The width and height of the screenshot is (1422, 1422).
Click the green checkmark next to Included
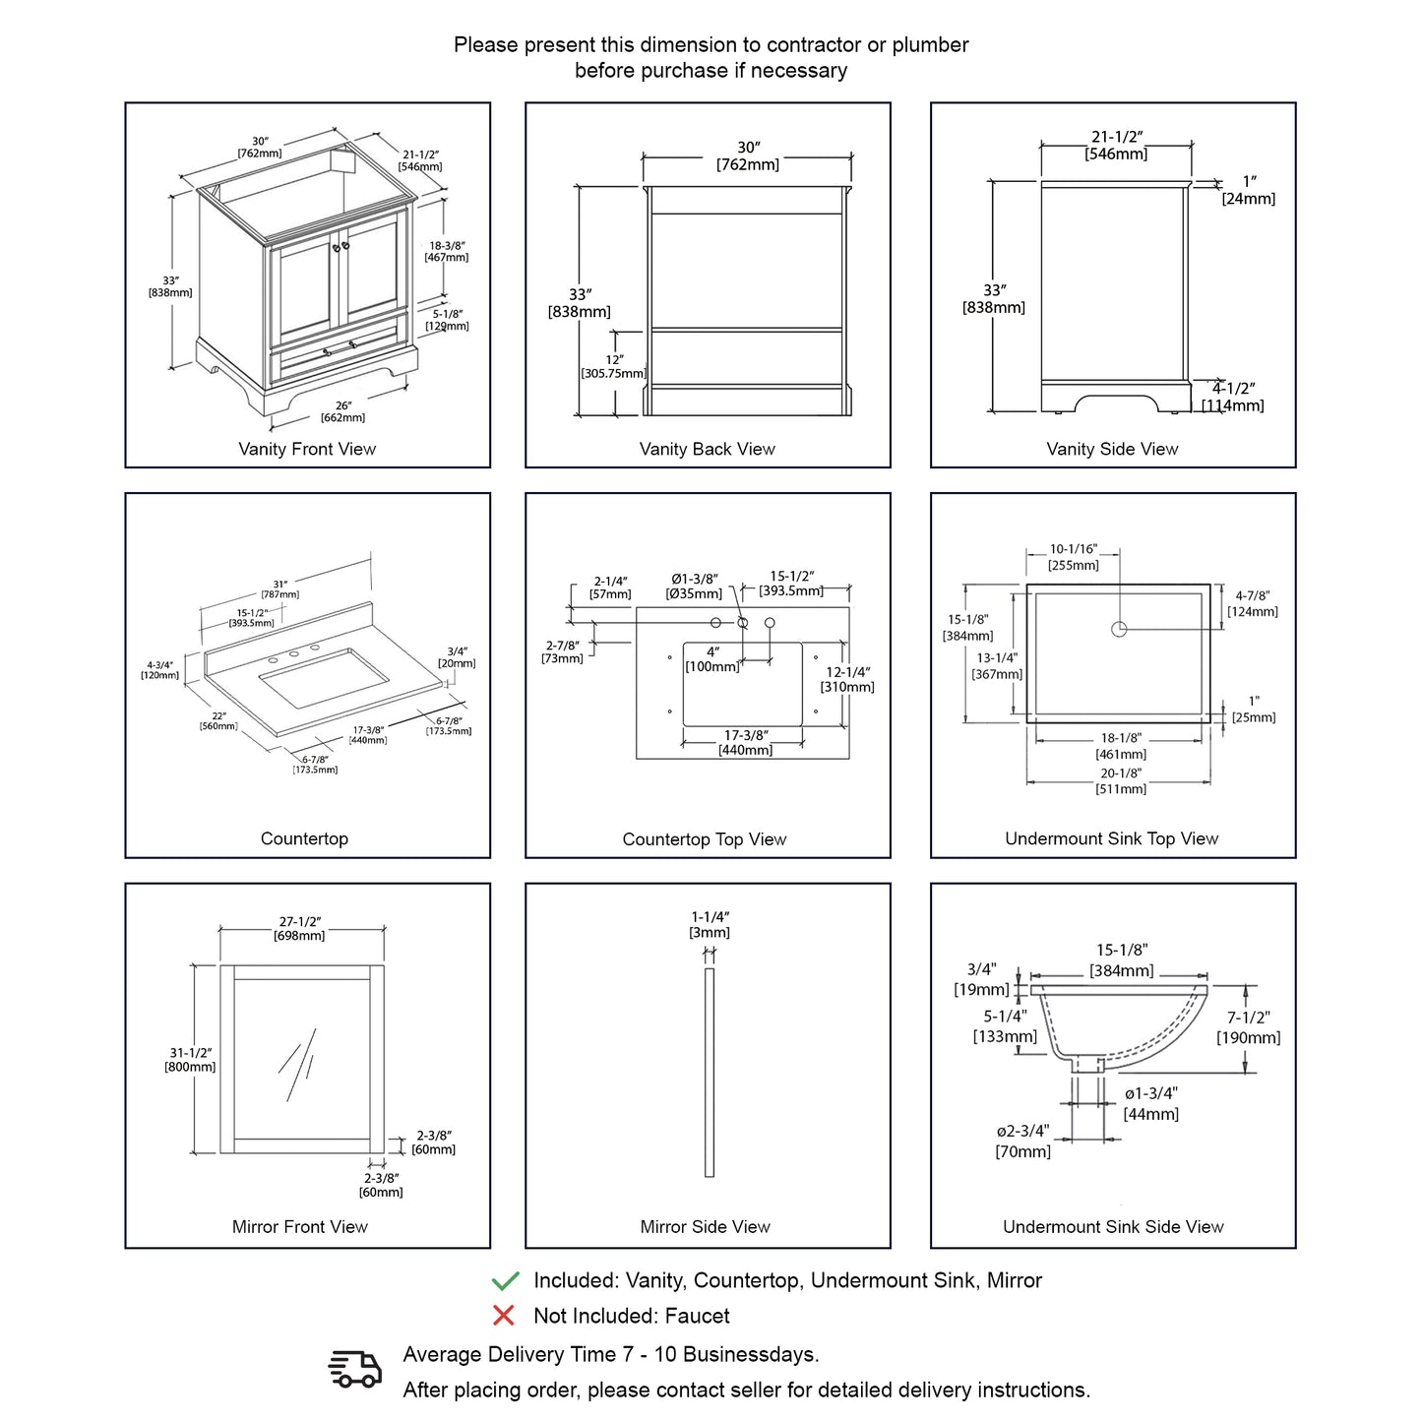[x=505, y=1280]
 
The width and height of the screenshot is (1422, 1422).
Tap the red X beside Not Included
[x=504, y=1316]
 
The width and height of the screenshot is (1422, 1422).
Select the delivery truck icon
[x=354, y=1369]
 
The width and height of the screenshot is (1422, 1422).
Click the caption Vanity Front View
[x=307, y=449]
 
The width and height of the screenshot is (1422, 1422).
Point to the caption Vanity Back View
[x=707, y=449]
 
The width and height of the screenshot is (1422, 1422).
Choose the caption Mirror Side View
[x=705, y=1227]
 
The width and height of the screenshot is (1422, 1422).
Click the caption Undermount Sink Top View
[x=1111, y=838]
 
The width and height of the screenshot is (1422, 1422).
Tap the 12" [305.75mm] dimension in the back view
[x=614, y=367]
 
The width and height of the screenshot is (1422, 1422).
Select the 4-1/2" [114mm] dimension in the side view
[x=1233, y=397]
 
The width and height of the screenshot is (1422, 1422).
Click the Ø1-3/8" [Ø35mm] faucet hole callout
[x=695, y=587]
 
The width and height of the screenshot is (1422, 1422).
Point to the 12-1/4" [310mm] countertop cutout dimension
[x=847, y=679]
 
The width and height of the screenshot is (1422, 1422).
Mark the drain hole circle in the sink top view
[x=1119, y=629]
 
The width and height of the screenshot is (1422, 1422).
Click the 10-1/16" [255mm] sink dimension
[x=1073, y=557]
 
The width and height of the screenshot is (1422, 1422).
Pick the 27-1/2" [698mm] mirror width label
[x=299, y=928]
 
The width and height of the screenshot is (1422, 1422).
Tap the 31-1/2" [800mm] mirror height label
[x=190, y=1060]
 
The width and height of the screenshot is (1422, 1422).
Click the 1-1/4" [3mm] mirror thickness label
[x=710, y=924]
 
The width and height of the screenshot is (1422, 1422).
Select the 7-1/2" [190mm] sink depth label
[x=1248, y=1027]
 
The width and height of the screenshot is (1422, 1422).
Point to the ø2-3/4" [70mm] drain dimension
[x=1022, y=1142]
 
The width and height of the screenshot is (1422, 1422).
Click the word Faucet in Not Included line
[x=697, y=1316]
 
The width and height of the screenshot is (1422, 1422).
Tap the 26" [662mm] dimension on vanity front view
[x=342, y=411]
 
